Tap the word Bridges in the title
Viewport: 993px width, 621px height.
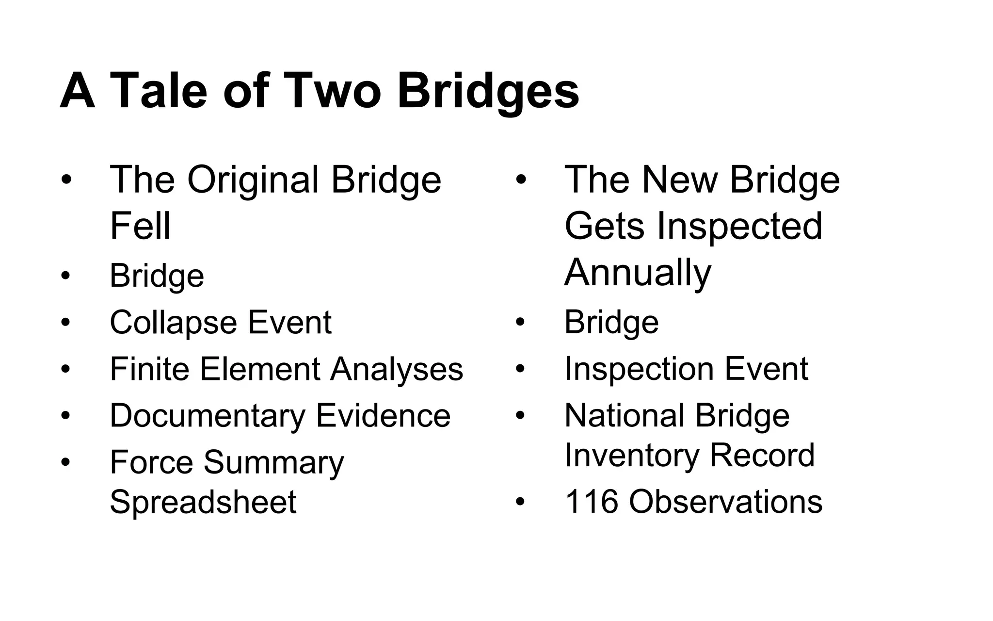(x=488, y=91)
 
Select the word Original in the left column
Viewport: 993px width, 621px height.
(x=253, y=180)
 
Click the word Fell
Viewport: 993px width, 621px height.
(x=140, y=226)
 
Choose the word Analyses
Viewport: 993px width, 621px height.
(x=397, y=369)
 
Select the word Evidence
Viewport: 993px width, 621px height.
(x=383, y=416)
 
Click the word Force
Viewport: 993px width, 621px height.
(x=151, y=462)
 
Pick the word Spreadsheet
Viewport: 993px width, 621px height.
(x=203, y=502)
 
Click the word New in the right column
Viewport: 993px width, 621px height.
(x=680, y=180)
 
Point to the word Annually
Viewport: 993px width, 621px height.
(x=638, y=273)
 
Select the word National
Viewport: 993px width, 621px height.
(x=625, y=416)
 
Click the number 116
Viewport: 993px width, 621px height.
(x=592, y=502)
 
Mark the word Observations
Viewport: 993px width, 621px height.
(x=725, y=502)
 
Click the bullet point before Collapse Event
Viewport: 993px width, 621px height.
(x=65, y=322)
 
